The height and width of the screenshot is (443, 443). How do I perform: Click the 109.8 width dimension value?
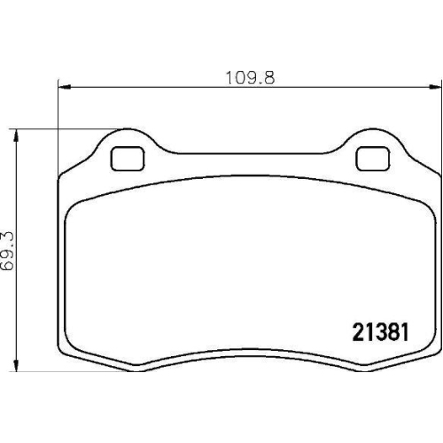[250, 78]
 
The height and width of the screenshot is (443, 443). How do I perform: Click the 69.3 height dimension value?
[7, 251]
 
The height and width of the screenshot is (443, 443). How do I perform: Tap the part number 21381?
[380, 332]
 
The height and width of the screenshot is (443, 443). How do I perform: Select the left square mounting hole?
[128, 159]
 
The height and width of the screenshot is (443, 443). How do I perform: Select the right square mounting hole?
[373, 159]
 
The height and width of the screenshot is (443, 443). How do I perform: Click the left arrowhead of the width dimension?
[65, 87]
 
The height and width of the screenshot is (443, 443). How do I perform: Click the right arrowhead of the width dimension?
[435, 87]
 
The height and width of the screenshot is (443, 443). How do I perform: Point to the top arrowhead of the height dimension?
[17, 136]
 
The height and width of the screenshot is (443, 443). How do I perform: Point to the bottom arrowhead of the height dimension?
[17, 365]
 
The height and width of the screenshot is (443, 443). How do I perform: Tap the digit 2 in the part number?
[359, 332]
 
